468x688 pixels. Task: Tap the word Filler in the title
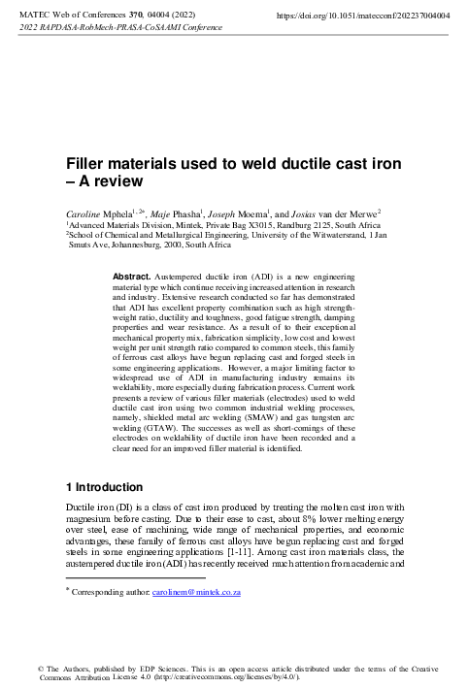point(86,167)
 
